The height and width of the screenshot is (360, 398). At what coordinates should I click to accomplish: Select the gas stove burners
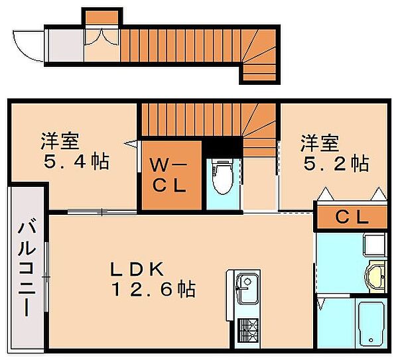tap(249, 329)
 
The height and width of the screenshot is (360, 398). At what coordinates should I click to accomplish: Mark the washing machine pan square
tap(373, 247)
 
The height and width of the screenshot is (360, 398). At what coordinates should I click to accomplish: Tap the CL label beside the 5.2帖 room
tap(350, 216)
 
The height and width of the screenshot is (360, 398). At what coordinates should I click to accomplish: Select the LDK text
tap(137, 269)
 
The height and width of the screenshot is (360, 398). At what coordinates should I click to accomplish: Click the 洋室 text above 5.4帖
tap(60, 141)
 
